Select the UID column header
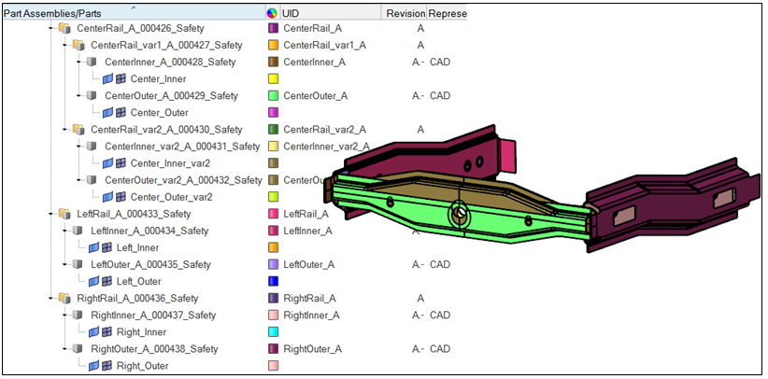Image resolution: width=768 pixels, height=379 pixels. [x=291, y=14]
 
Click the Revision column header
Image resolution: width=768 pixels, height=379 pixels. [x=404, y=14]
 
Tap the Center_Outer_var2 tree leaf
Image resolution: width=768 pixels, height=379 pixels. [x=171, y=197]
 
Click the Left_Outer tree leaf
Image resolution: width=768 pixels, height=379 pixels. [x=139, y=281]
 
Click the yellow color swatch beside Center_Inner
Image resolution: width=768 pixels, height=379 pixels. [x=274, y=78]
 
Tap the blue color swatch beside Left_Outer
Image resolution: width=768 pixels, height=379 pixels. [x=274, y=281]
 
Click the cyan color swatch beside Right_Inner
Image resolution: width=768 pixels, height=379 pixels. [x=274, y=331]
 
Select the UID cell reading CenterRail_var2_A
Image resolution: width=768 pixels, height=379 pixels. [x=324, y=129]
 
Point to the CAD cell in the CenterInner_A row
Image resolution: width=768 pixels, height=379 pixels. [x=440, y=62]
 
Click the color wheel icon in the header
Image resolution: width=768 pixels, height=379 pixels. [x=272, y=14]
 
